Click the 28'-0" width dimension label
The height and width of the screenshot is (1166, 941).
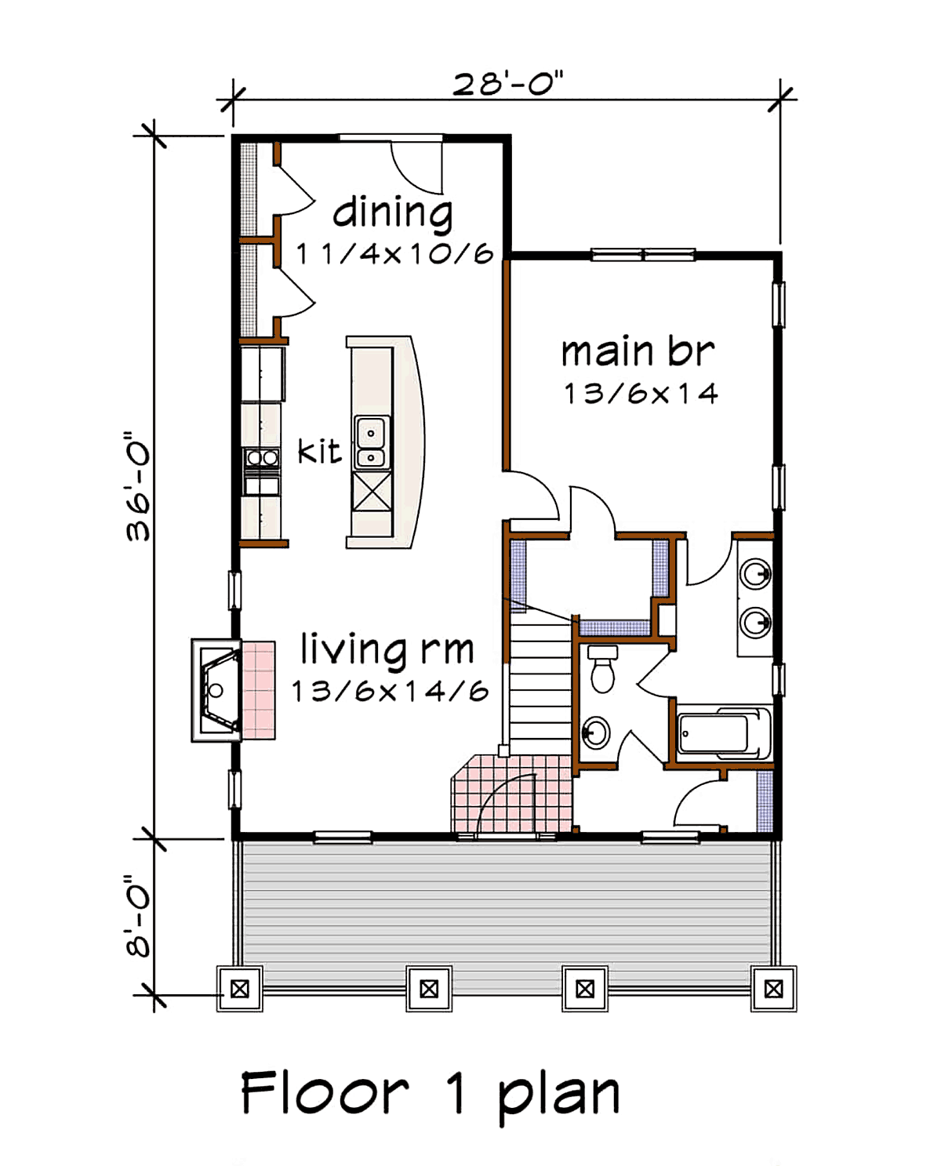point(507,84)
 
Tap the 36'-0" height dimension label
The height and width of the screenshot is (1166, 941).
point(137,487)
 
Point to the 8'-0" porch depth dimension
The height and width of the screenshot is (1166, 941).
point(137,915)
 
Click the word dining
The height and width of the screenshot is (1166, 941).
point(392,213)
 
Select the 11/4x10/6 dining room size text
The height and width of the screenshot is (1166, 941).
point(394,253)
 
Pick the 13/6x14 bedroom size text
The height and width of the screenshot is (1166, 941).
point(641,394)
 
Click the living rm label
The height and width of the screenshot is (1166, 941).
point(387,648)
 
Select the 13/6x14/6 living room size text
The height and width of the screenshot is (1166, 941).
point(391,691)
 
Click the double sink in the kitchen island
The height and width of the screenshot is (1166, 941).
point(372,442)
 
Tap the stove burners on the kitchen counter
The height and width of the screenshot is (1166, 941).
point(262,459)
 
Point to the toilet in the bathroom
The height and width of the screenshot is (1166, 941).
point(602,669)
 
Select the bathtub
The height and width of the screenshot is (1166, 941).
point(725,733)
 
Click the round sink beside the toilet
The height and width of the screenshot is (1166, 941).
point(596,733)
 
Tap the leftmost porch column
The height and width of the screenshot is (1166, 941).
point(240,990)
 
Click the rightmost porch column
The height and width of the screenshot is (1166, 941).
point(773,990)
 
